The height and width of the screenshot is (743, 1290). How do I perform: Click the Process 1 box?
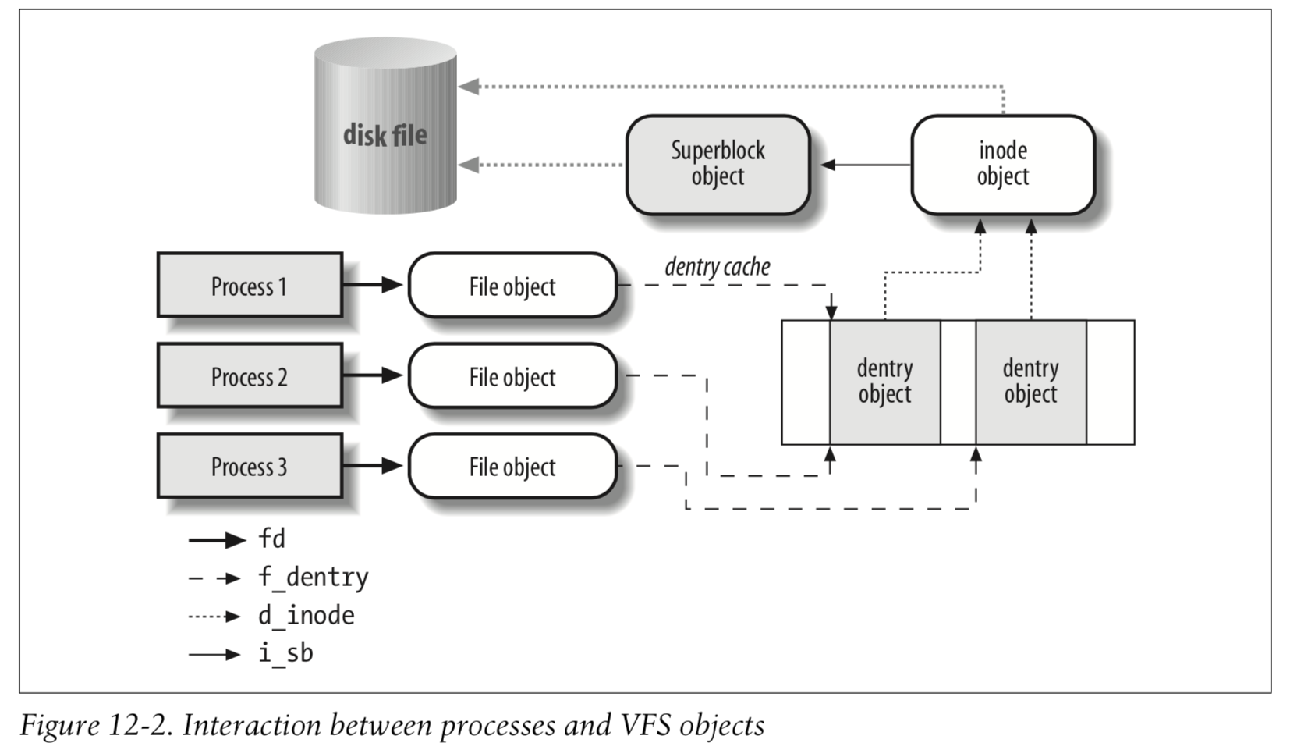coord(250,286)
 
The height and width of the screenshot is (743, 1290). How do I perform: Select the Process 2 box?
coord(250,376)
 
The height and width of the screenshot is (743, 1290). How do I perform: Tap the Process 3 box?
coord(250,467)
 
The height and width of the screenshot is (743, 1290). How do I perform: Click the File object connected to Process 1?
coord(512,286)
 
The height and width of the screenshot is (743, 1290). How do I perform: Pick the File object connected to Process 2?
coord(512,376)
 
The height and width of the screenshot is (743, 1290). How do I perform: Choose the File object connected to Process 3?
coord(512,467)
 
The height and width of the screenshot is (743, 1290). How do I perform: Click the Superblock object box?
coord(718,164)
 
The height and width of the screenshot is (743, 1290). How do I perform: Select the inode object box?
coord(1003,164)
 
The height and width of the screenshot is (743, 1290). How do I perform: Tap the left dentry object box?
coord(884,382)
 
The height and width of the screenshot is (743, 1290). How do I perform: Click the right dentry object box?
coord(1030,382)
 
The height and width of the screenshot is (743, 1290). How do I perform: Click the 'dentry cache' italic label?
coord(717,267)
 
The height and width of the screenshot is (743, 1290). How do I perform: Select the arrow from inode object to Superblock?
coord(866,165)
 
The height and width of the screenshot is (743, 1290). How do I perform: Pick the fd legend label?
coord(271,539)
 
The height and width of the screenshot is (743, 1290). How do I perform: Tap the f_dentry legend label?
coord(313,578)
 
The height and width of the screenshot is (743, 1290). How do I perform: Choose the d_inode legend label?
coord(306,616)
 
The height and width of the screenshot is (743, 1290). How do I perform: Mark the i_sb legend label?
coord(285,653)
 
